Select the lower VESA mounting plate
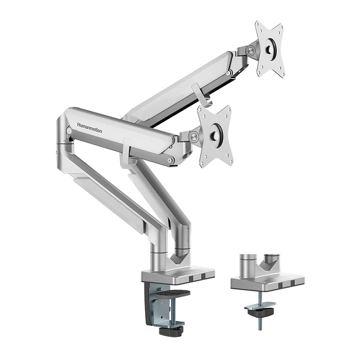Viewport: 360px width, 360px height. [216, 135]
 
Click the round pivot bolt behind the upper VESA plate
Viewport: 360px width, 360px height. [251, 51]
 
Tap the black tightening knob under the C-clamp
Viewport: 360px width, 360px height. [171, 331]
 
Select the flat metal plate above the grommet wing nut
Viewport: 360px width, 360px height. [260, 305]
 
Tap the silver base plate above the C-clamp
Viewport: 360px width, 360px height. [178, 275]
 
